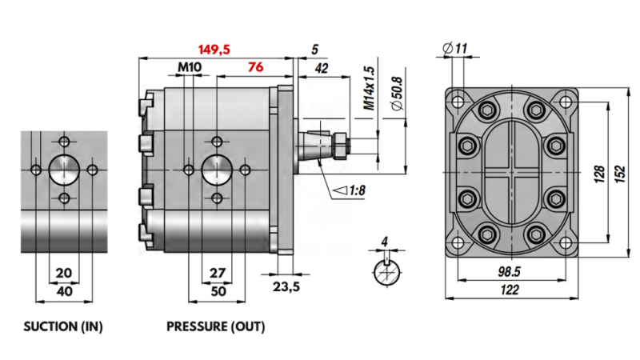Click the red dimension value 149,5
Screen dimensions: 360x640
click(x=214, y=50)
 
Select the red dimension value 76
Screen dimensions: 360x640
click(x=256, y=67)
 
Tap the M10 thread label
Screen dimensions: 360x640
click(x=189, y=67)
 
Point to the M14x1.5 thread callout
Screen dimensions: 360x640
click(x=369, y=88)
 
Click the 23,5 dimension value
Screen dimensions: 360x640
click(x=286, y=287)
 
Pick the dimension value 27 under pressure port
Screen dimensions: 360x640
click(x=216, y=273)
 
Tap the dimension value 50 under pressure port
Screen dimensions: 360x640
click(x=216, y=291)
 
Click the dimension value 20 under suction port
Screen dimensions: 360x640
click(x=64, y=273)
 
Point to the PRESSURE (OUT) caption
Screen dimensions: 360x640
click(x=215, y=326)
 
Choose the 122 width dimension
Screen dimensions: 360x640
click(x=510, y=291)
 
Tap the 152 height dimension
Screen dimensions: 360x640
click(x=619, y=174)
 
